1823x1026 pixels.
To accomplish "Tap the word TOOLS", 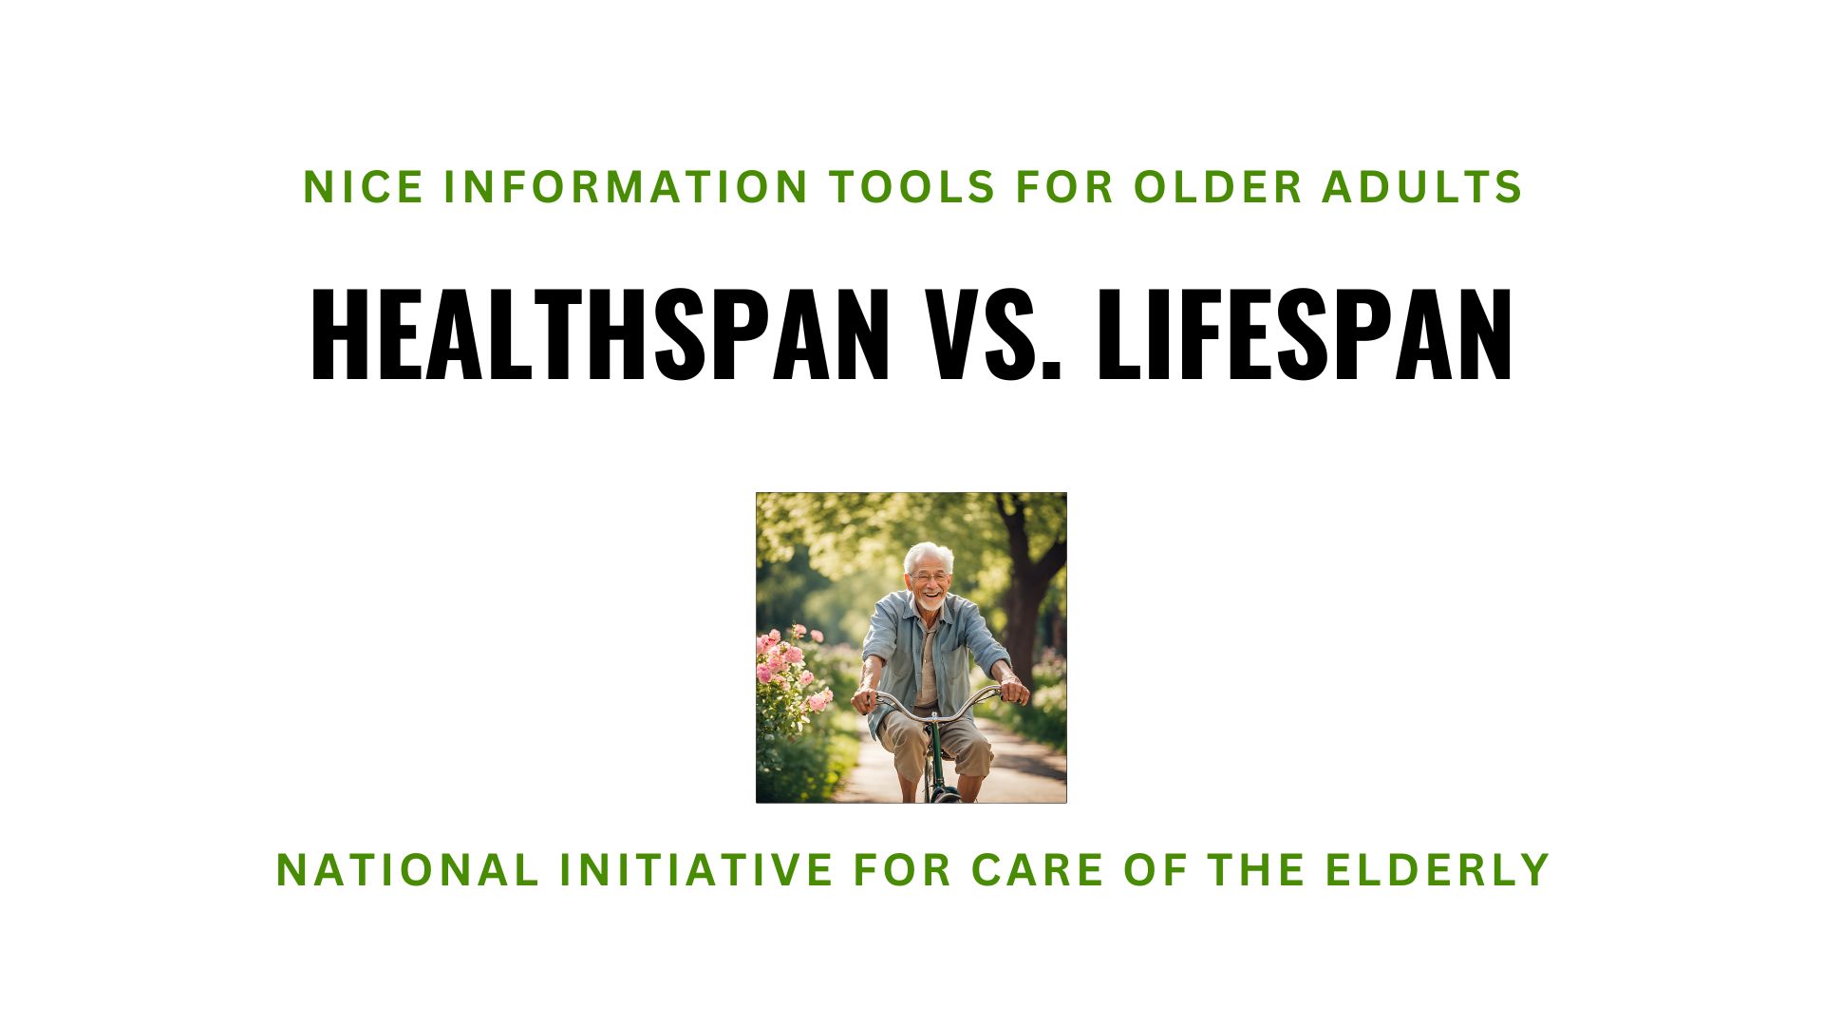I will (x=912, y=187).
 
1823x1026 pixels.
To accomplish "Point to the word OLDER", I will (x=1218, y=187).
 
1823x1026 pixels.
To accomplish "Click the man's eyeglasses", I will (x=928, y=577).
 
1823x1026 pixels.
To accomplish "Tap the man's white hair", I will (x=929, y=553).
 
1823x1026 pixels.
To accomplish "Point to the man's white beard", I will (x=931, y=602).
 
